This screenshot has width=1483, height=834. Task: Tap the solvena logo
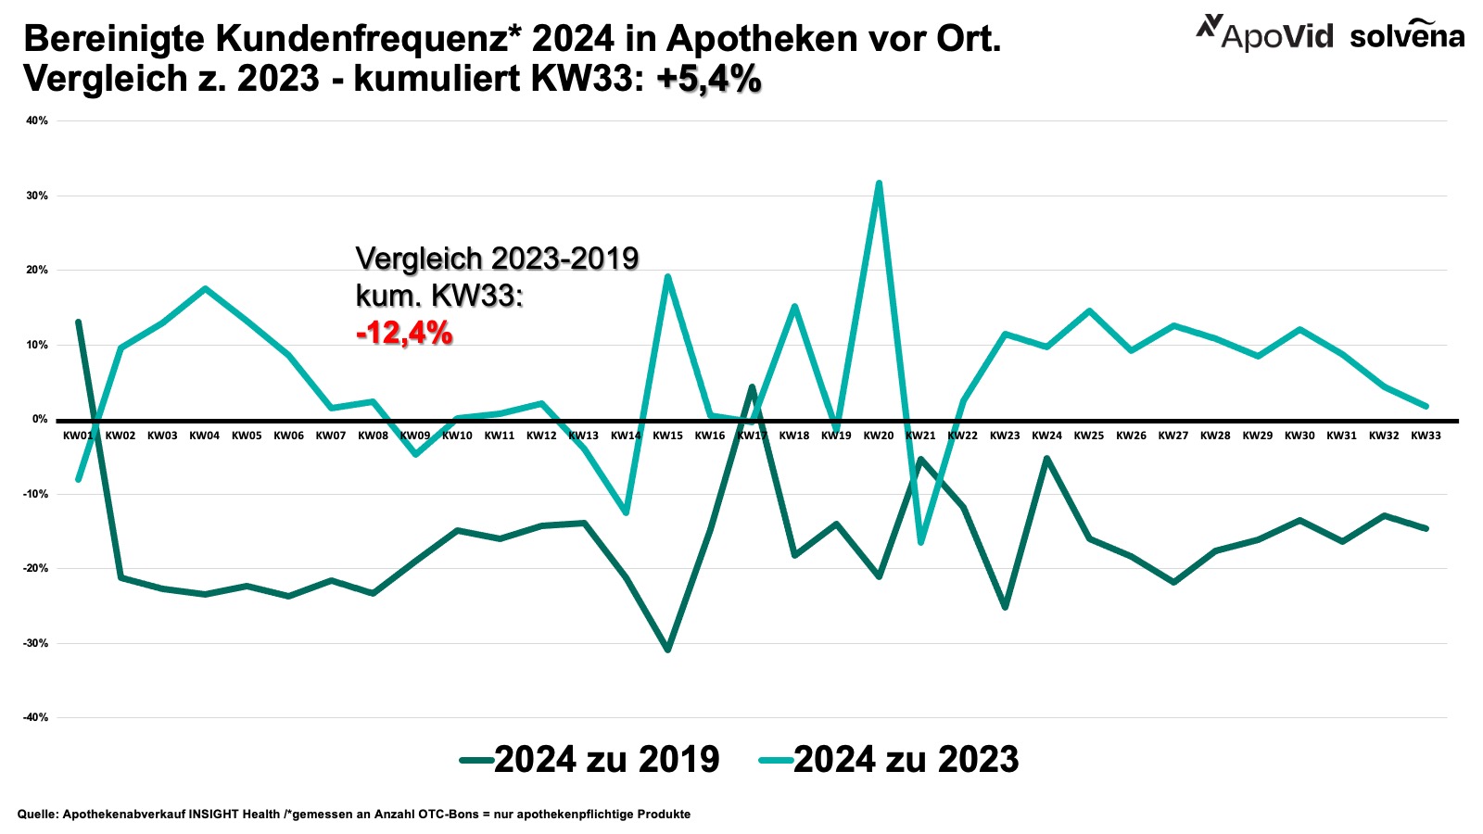[x=1407, y=35]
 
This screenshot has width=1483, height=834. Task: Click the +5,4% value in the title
[x=709, y=80]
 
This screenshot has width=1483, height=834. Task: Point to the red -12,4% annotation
[x=404, y=333]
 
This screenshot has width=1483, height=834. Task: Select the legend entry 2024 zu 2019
[x=589, y=759]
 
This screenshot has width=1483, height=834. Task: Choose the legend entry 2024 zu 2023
[x=889, y=759]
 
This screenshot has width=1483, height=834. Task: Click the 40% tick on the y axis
[x=37, y=120]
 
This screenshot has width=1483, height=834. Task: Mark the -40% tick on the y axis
[x=35, y=717]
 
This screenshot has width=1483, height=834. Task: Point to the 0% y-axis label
[x=39, y=419]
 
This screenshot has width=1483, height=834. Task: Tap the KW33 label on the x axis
[x=1426, y=436]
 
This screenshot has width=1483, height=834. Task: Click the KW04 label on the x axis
[x=204, y=436]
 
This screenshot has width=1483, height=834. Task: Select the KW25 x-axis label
[x=1089, y=436]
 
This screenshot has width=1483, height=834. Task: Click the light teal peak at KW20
[x=879, y=183]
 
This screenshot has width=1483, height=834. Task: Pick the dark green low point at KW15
[x=667, y=650]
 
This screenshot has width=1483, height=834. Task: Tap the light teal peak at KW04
[x=205, y=288]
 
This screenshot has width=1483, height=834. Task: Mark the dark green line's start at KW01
[x=79, y=322]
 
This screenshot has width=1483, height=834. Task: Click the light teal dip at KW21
[x=920, y=542]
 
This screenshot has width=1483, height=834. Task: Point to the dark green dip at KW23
[x=1005, y=607]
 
